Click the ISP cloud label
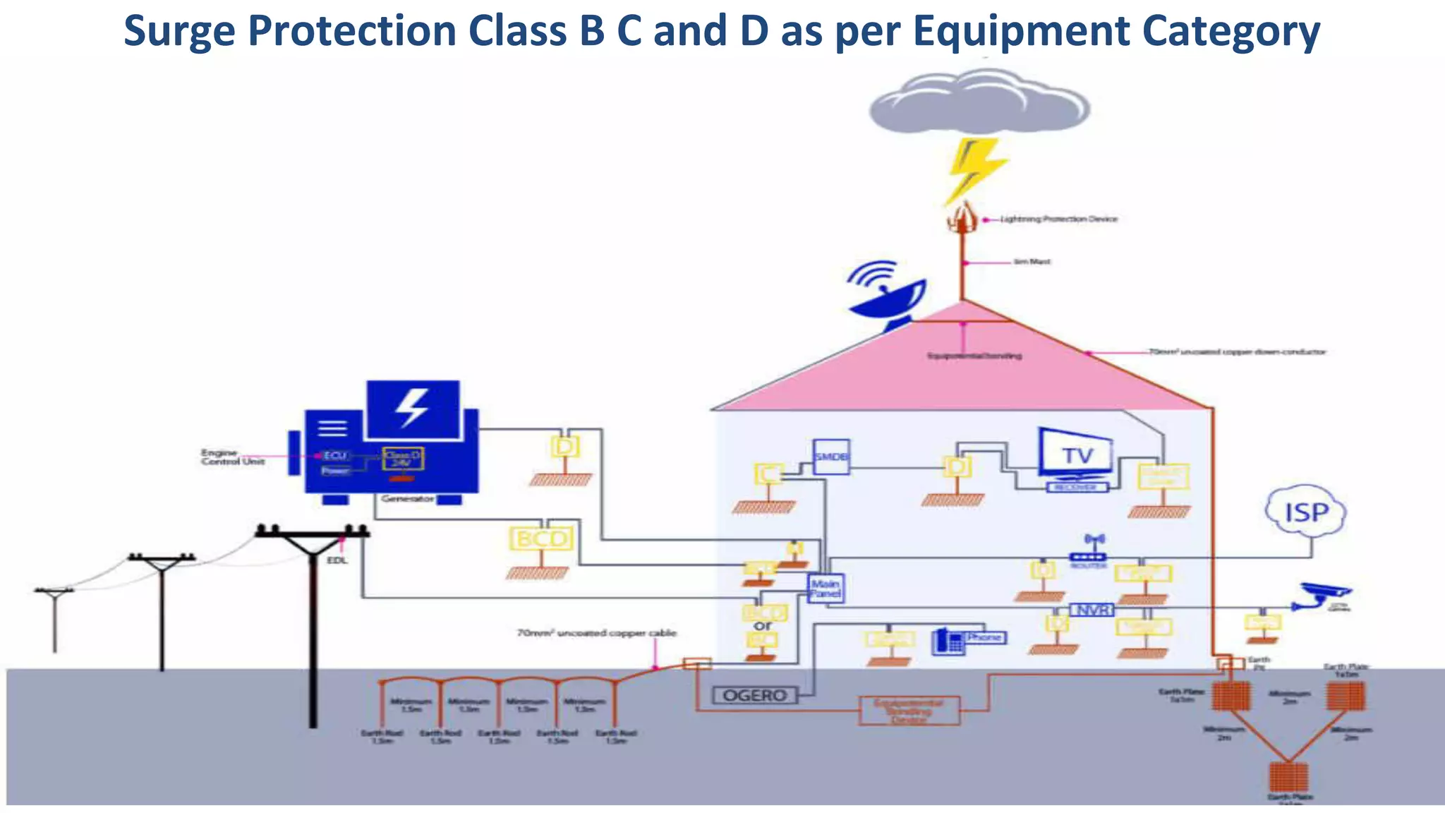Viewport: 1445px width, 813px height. pyautogui.click(x=1305, y=512)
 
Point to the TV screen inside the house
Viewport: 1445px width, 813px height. pyautogui.click(x=1075, y=454)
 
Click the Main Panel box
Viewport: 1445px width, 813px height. pyautogui.click(x=825, y=588)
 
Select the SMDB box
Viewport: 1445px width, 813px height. pyautogui.click(x=830, y=457)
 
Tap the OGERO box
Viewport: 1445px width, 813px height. pyautogui.click(x=754, y=695)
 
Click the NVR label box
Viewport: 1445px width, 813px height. pyautogui.click(x=1092, y=610)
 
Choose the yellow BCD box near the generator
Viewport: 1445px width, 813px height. pyautogui.click(x=541, y=539)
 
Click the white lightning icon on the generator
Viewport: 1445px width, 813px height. pyautogui.click(x=412, y=407)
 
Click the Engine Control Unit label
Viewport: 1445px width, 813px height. pyautogui.click(x=232, y=457)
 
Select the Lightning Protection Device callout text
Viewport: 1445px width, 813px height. pyautogui.click(x=1058, y=219)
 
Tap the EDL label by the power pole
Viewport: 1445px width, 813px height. pyautogui.click(x=337, y=560)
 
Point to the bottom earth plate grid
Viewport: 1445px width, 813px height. pyautogui.click(x=1288, y=776)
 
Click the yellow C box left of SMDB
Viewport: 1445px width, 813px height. pyautogui.click(x=768, y=474)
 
